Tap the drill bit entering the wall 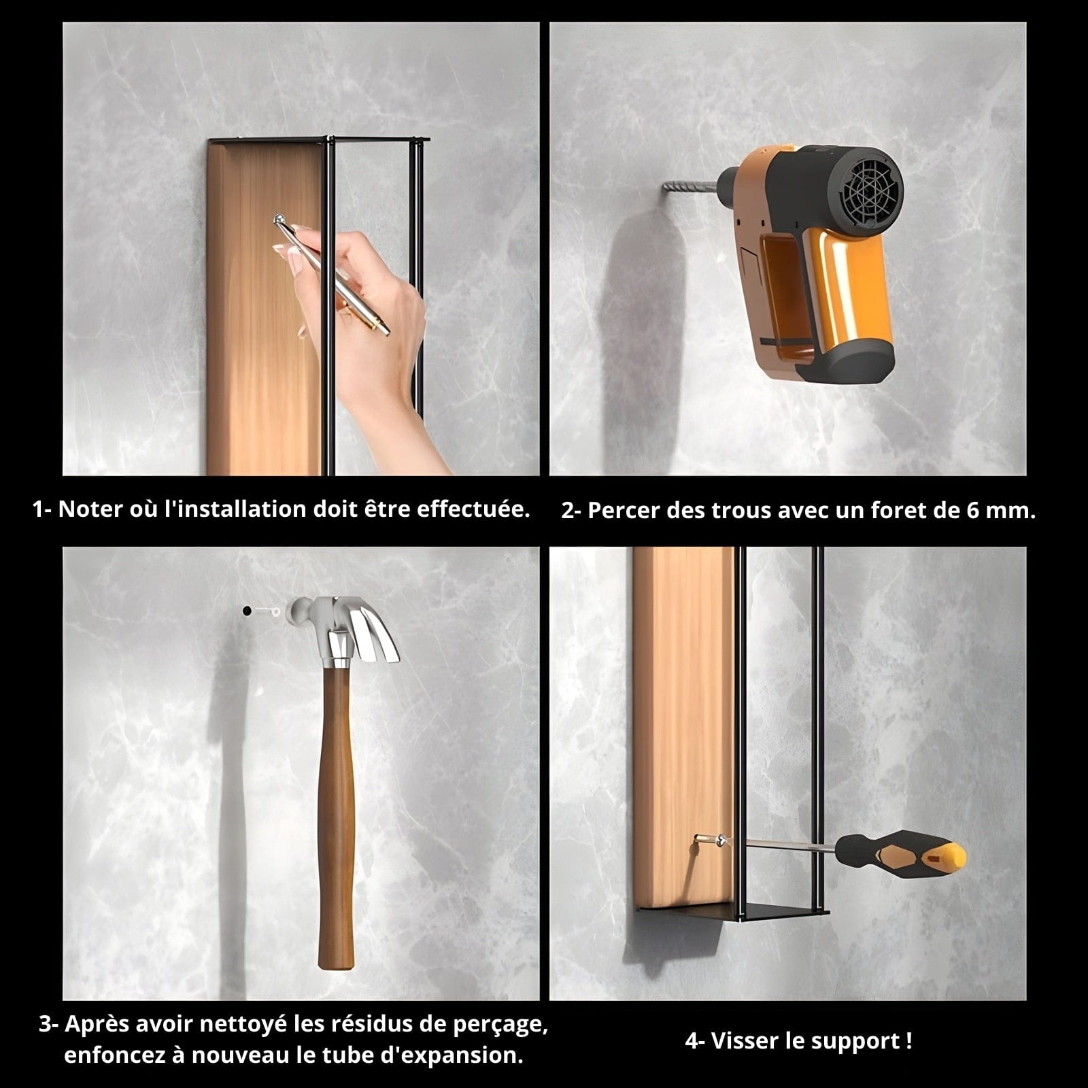690,184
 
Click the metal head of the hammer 344,629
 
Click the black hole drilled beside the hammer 245,611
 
